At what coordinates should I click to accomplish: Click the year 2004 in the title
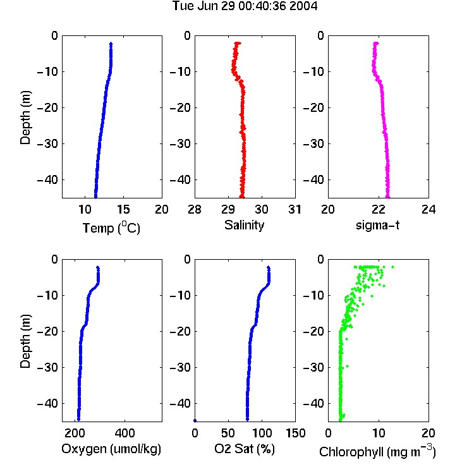pos(303,6)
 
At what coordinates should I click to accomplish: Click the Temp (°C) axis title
pos(111,228)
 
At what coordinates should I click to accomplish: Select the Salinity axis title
pos(244,225)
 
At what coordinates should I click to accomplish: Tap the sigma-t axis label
pos(377,225)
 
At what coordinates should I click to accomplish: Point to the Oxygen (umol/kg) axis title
pos(111,449)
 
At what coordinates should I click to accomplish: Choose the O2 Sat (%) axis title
pos(245,449)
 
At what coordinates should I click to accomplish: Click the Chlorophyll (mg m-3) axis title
pos(377,451)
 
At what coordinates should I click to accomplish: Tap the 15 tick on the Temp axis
pos(123,209)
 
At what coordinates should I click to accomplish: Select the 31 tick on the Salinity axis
pos(295,209)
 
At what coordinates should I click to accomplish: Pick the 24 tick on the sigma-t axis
pos(428,209)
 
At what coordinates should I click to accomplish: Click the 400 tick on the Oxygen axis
pos(125,433)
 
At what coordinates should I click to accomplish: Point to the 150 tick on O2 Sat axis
pos(295,433)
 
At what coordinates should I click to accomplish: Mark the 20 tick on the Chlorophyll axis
pos(428,433)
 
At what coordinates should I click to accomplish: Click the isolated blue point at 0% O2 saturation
pos(195,420)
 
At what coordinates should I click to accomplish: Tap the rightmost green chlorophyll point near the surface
pos(392,267)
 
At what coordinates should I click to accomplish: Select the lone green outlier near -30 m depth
pos(347,367)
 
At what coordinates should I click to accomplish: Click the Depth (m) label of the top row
pos(26,118)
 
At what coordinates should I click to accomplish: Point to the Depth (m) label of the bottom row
pos(26,341)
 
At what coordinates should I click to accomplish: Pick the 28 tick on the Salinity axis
pos(195,209)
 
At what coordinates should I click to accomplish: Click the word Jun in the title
pos(208,6)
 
